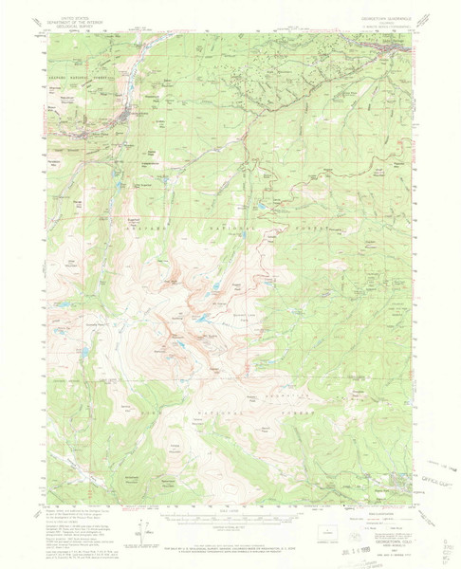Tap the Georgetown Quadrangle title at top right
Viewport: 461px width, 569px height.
click(380, 20)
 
